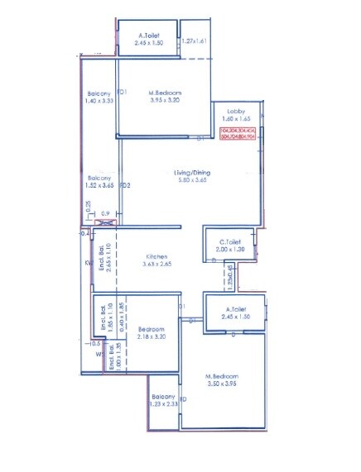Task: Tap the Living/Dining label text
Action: coord(192,173)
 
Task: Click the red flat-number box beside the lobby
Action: coord(238,134)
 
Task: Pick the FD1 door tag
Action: coord(123,92)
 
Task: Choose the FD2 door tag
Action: coord(125,184)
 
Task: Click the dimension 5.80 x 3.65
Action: coord(192,180)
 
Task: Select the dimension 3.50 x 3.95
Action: coord(221,384)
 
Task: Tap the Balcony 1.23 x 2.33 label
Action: coord(165,399)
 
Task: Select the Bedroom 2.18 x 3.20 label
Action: coord(153,332)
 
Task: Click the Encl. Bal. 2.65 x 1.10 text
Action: coord(103,259)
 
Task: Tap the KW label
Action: coord(87,265)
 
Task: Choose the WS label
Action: coord(99,354)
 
